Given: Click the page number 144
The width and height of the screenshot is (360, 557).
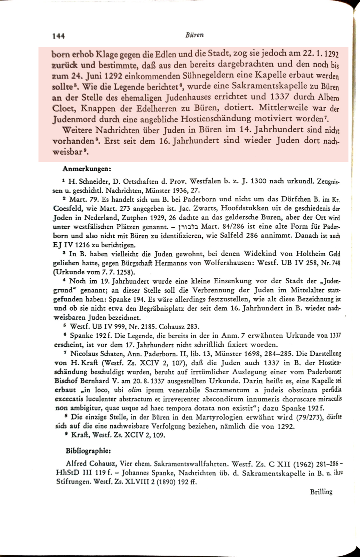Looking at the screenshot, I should pos(59,35).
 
